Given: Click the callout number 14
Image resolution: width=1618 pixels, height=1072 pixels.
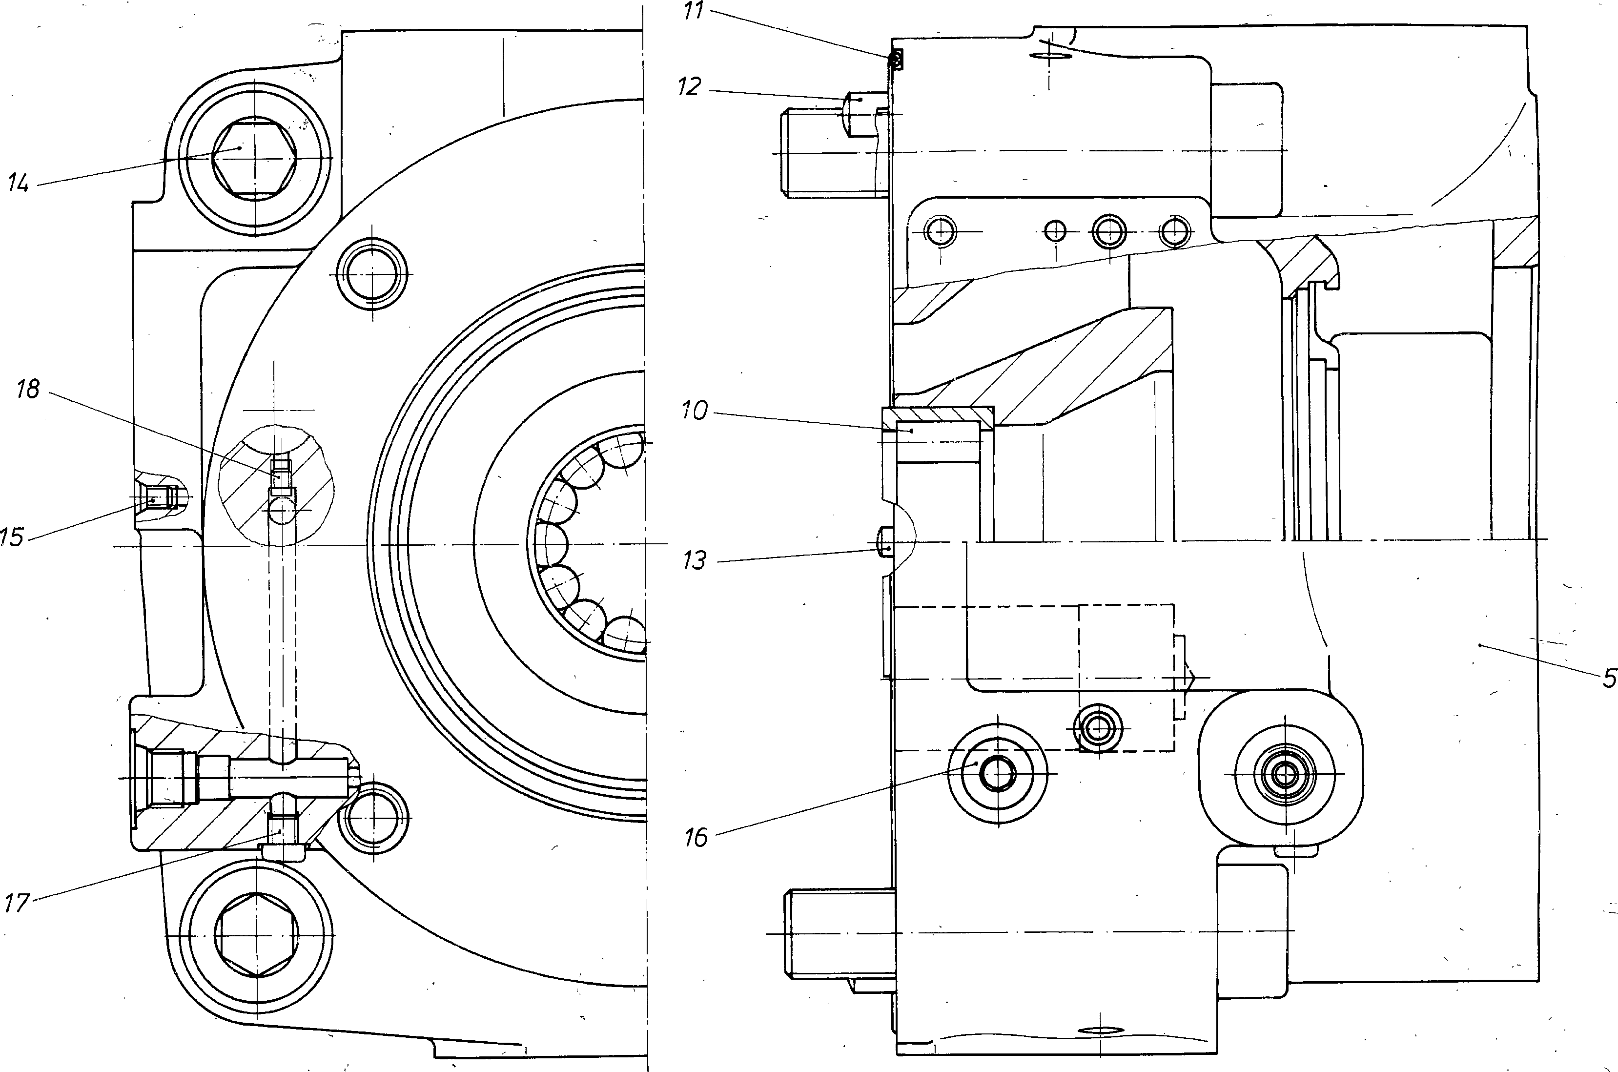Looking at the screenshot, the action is pos(19,183).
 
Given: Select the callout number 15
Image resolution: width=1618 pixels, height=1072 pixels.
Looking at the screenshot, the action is pos(12,536).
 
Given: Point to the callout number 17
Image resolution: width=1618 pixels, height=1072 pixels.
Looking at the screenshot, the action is pos(17,903).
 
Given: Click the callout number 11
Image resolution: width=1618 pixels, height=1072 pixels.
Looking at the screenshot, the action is pos(694,12).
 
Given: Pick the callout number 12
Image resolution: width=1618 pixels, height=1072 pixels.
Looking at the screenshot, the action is pos(690,87).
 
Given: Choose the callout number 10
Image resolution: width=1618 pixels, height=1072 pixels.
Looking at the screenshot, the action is pos(695,412).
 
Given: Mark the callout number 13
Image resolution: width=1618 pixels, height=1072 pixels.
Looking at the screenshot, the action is pos(695,560).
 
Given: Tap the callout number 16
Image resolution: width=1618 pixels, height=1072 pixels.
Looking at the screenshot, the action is pos(696,838).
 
